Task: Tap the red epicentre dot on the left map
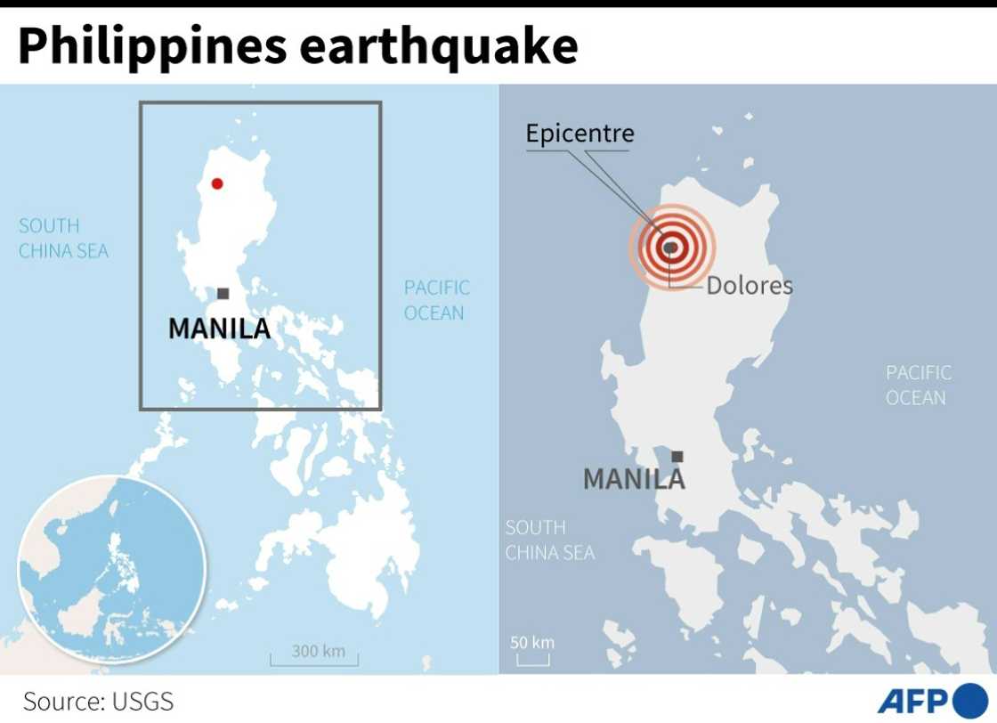click(x=216, y=184)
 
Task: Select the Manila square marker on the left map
click(x=223, y=294)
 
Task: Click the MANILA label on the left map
click(x=219, y=329)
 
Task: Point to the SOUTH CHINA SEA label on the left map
click(x=63, y=239)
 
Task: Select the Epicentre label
click(x=580, y=134)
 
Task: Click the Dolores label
click(x=750, y=286)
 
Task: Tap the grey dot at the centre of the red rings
click(x=669, y=248)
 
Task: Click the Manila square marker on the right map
click(x=677, y=457)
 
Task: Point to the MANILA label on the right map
click(x=634, y=480)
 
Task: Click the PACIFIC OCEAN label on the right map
click(x=918, y=385)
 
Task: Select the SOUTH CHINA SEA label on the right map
click(x=549, y=540)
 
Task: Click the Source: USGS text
click(x=98, y=701)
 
